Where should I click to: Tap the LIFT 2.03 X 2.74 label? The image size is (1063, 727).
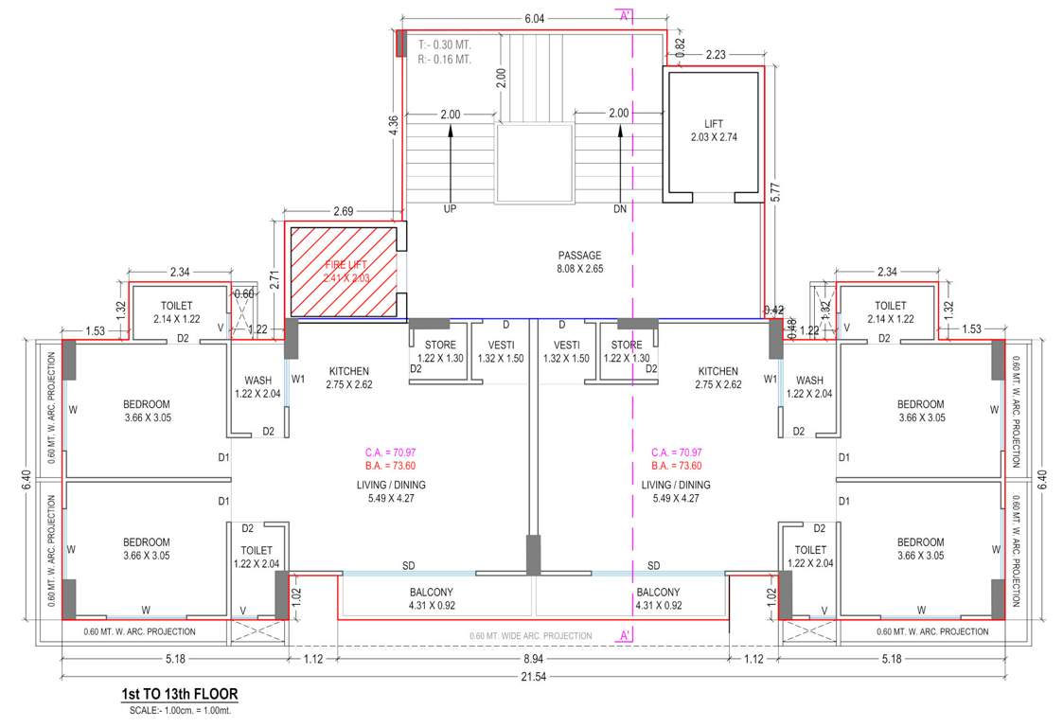click(714, 131)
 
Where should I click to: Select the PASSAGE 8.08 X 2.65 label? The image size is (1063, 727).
click(579, 261)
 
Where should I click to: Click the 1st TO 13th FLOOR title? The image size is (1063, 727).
click(179, 694)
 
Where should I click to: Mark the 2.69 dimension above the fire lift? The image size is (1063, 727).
click(343, 210)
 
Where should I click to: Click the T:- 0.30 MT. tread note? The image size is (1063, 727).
click(444, 44)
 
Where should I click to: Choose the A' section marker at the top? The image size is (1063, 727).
click(625, 15)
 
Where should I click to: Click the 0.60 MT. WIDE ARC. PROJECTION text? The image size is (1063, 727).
click(530, 635)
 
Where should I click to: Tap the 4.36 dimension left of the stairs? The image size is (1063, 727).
click(393, 128)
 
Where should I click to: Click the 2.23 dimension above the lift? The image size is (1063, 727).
click(716, 56)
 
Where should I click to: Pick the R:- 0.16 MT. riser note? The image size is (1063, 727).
click(444, 59)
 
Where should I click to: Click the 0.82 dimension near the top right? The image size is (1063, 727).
click(680, 43)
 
